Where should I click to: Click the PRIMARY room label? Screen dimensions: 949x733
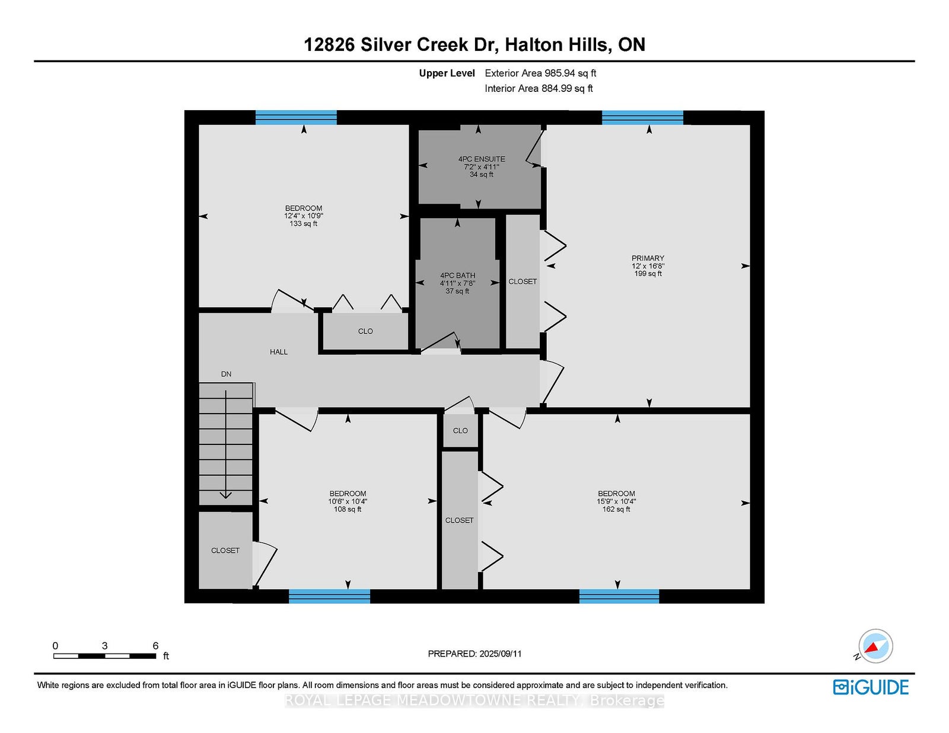pyautogui.click(x=648, y=258)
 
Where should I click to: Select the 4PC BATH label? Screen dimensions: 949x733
pyautogui.click(x=457, y=276)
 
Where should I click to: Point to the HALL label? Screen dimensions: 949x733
pyautogui.click(x=279, y=351)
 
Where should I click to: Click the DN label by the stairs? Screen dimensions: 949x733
pyautogui.click(x=226, y=374)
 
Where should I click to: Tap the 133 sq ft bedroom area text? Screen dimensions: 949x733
pyautogui.click(x=303, y=224)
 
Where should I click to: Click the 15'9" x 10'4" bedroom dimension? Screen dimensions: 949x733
pyautogui.click(x=616, y=502)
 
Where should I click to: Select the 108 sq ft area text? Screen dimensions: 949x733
pyautogui.click(x=348, y=509)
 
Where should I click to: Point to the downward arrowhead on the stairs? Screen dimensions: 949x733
pyautogui.click(x=225, y=495)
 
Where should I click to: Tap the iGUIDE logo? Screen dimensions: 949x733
pyautogui.click(x=871, y=687)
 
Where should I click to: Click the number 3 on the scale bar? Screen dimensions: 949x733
pyautogui.click(x=104, y=646)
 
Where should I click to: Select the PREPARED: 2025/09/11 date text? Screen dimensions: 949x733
pyautogui.click(x=474, y=654)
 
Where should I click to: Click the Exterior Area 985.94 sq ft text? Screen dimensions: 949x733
pyautogui.click(x=540, y=73)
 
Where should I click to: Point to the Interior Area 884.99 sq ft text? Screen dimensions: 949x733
pyautogui.click(x=539, y=88)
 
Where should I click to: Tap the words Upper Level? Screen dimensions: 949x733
pyautogui.click(x=447, y=73)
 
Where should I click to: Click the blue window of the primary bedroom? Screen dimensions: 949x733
pyautogui.click(x=642, y=118)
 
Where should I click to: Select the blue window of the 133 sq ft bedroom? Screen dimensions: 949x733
pyautogui.click(x=296, y=118)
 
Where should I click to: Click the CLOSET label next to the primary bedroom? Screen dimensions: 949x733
pyautogui.click(x=523, y=281)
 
